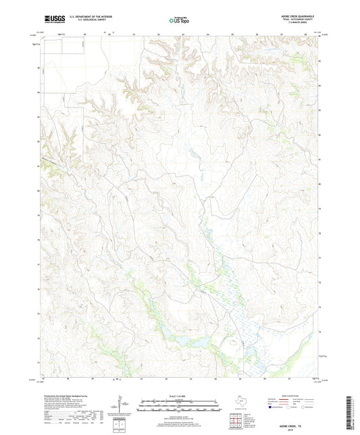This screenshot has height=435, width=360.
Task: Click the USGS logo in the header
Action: (51, 20)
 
